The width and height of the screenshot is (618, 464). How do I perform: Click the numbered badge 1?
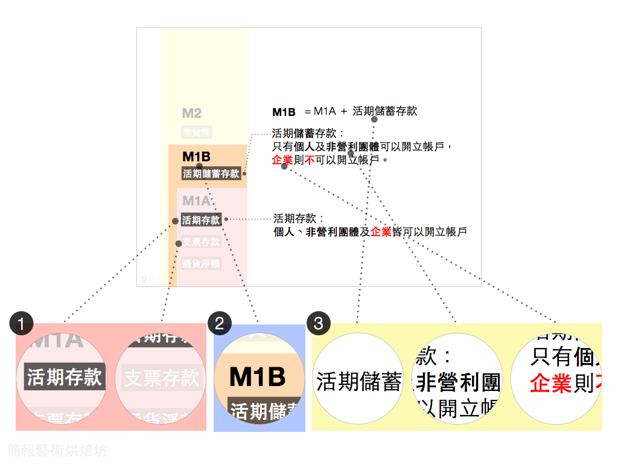pos(22,324)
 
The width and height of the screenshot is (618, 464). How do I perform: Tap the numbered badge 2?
pos(219,323)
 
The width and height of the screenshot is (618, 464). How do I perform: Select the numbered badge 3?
pos(319,323)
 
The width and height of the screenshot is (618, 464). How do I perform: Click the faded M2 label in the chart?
pos(192,113)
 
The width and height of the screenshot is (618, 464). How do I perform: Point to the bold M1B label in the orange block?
pos(196,157)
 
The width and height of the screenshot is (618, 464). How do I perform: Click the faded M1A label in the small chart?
pos(196,201)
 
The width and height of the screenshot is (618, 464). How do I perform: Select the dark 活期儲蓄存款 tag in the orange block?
pos(211,174)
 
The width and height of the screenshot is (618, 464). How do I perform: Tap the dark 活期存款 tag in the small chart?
pos(201,221)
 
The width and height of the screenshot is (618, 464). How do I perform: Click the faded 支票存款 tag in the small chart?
pos(201,242)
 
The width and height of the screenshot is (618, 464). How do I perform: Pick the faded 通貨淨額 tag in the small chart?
pos(201,263)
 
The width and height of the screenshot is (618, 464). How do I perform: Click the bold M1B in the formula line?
pos(284,112)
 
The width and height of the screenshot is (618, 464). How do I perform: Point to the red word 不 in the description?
pos(310,160)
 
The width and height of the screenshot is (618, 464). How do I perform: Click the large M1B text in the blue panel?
pos(257,377)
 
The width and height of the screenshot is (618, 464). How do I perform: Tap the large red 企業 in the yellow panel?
pos(550,384)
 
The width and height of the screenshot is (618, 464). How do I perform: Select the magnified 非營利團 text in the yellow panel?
pos(459,382)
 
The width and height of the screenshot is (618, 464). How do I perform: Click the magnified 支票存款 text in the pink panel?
pos(161,378)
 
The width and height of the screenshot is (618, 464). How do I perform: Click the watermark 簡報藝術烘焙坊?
pos(57,450)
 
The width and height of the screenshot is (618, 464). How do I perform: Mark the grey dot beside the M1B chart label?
pos(199,166)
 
